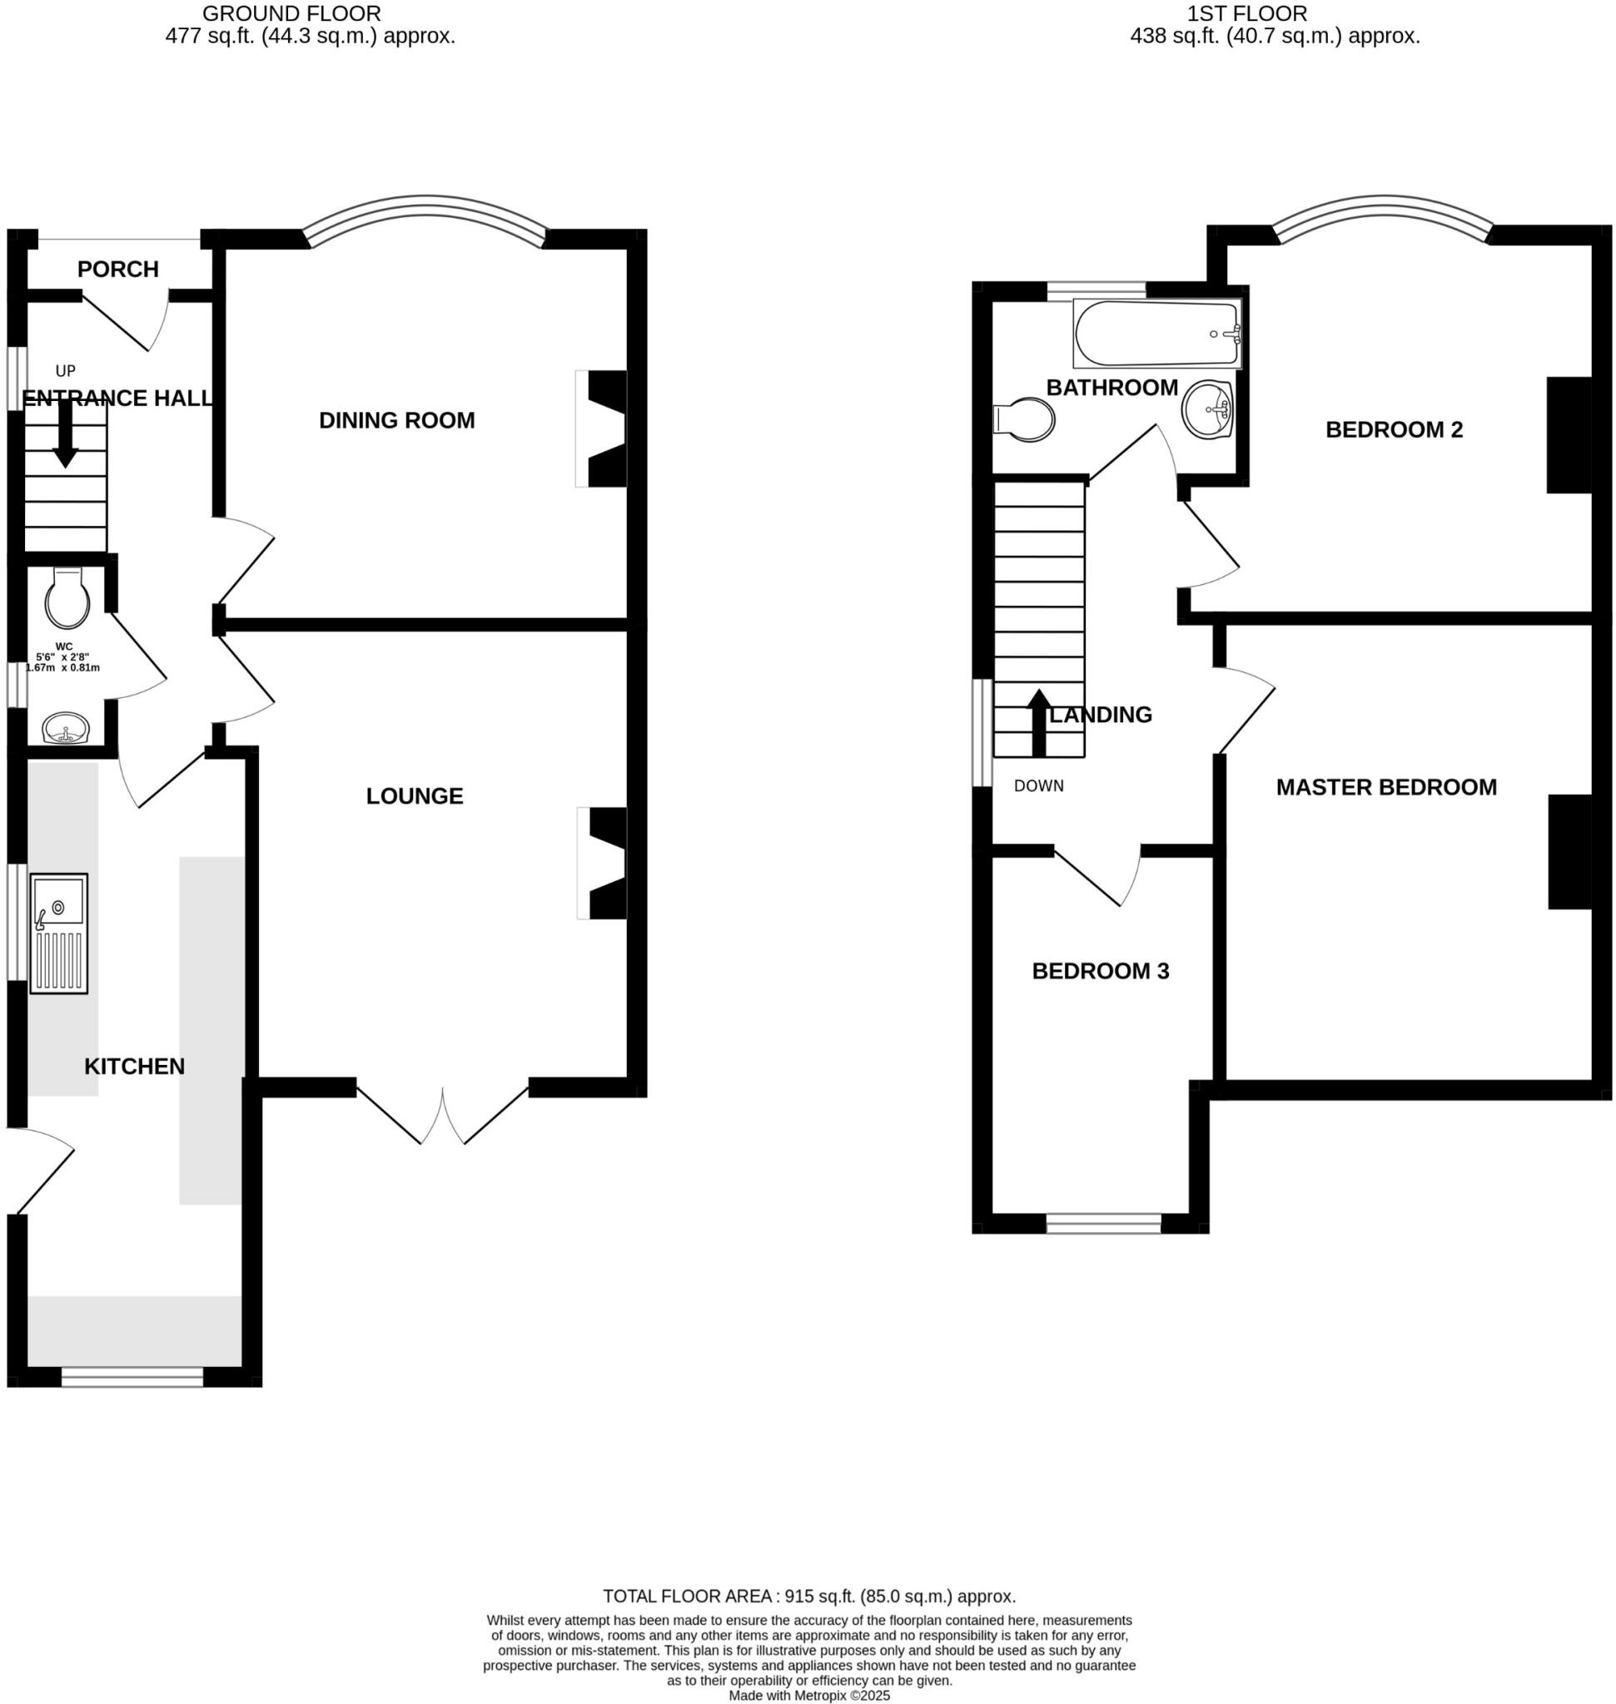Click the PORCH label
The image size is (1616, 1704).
pyautogui.click(x=118, y=270)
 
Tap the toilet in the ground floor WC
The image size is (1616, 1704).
pyautogui.click(x=67, y=597)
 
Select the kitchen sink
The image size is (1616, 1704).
pyautogui.click(x=58, y=934)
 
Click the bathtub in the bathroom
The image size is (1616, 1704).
pyautogui.click(x=1156, y=333)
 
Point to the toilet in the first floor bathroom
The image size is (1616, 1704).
pyautogui.click(x=1025, y=419)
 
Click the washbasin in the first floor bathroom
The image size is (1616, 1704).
pyautogui.click(x=1208, y=410)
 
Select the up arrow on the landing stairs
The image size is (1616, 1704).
pyautogui.click(x=1040, y=722)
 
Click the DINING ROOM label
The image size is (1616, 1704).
pyautogui.click(x=396, y=420)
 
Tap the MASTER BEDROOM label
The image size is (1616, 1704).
pyautogui.click(x=1385, y=787)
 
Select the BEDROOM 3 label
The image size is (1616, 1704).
pyautogui.click(x=1100, y=971)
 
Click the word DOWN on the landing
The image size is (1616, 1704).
pyautogui.click(x=1038, y=785)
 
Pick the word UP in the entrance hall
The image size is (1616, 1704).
pyautogui.click(x=66, y=371)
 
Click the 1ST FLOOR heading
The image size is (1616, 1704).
pyautogui.click(x=1246, y=14)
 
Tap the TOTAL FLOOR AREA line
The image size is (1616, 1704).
pyautogui.click(x=809, y=1596)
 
